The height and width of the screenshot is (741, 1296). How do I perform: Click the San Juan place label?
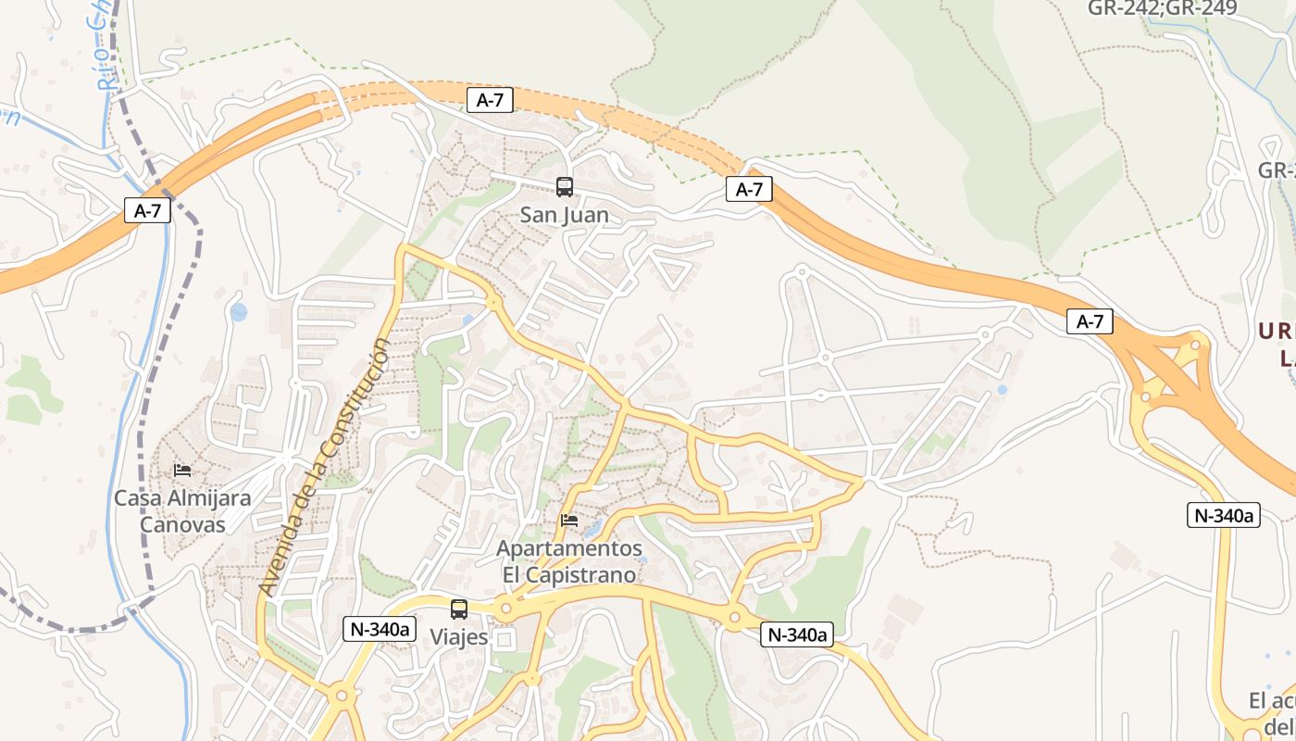tap(564, 215)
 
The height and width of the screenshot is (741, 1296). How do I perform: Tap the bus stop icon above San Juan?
tap(565, 187)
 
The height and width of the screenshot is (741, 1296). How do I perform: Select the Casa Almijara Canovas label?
tap(182, 511)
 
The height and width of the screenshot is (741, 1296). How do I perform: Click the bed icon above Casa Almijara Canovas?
tap(182, 471)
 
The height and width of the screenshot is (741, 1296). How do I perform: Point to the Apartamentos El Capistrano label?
tap(569, 561)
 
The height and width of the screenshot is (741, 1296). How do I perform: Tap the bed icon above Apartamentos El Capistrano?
tap(569, 521)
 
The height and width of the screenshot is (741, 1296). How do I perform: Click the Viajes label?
tap(458, 637)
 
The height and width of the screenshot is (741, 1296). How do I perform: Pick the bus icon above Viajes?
tap(459, 609)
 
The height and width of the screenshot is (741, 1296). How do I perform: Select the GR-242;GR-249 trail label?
tap(1149, 8)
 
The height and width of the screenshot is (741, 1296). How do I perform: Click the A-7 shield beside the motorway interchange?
tap(1090, 321)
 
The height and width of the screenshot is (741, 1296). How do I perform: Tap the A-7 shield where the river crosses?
tap(147, 210)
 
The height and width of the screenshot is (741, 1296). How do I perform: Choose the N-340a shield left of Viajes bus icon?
tap(379, 629)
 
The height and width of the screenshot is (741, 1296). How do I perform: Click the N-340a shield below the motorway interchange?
tap(1224, 515)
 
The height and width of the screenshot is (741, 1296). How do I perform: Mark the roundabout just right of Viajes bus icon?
tap(505, 609)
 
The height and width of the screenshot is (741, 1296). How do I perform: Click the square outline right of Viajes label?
tap(505, 639)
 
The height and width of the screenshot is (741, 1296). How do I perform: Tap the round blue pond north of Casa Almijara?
tap(239, 312)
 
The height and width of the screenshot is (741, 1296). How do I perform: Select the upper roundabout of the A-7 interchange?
tap(1195, 345)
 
